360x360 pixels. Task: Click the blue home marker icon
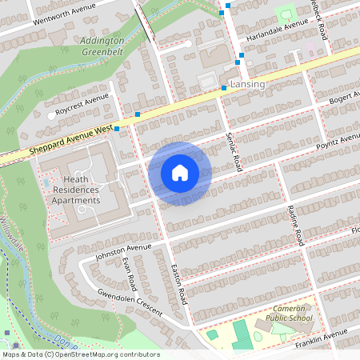[180, 173]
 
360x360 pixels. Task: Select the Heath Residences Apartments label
[77, 190]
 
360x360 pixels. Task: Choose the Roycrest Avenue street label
[82, 103]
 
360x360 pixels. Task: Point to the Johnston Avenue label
[123, 252]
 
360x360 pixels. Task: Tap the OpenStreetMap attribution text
[80, 354]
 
